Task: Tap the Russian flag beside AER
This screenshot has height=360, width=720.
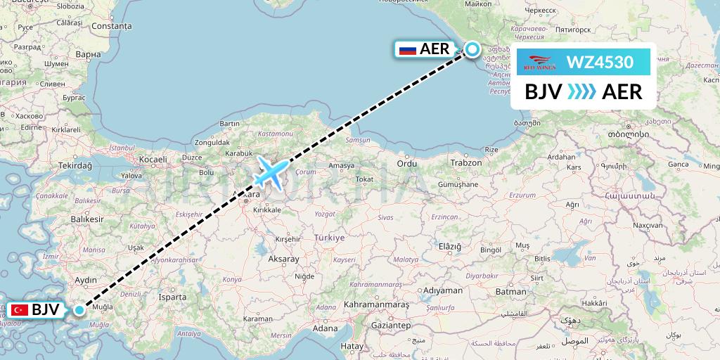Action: pyautogui.click(x=407, y=49)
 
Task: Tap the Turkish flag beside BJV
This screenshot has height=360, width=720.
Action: pyautogui.click(x=19, y=309)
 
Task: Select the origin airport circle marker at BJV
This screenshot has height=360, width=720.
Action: pyautogui.click(x=79, y=309)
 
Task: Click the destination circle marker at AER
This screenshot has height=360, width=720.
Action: pyautogui.click(x=472, y=49)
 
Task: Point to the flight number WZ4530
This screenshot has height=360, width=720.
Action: pyautogui.click(x=600, y=63)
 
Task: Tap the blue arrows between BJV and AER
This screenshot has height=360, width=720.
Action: pyautogui.click(x=581, y=91)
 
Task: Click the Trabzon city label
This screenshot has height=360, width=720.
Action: pyautogui.click(x=466, y=162)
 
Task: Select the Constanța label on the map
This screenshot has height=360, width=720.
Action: pyautogui.click(x=111, y=26)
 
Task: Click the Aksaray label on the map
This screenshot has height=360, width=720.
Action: pyautogui.click(x=283, y=259)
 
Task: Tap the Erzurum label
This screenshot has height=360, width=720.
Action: pyautogui.click(x=522, y=195)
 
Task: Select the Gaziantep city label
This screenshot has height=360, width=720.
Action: pyautogui.click(x=391, y=326)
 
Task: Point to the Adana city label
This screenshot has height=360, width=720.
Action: pyautogui.click(x=326, y=328)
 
